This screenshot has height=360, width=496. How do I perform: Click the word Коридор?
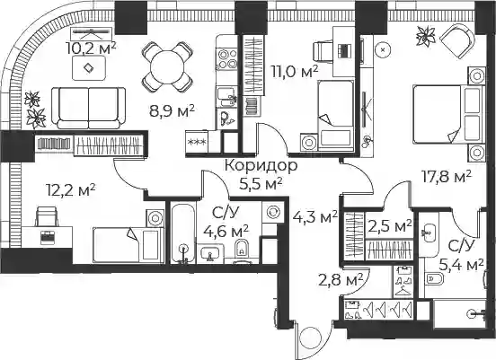pos(261,165)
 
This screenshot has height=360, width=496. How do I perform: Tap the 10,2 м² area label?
pos(91,48)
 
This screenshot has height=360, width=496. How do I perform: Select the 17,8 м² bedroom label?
pos(447,177)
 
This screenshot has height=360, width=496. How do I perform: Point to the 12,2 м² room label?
pos(71,190)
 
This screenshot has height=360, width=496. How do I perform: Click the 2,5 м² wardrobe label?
pos(390,226)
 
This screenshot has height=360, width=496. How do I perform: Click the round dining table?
pos(167,67)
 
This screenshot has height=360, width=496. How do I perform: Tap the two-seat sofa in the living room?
pos(89,108)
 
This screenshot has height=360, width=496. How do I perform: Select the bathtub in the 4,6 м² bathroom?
pos(183,233)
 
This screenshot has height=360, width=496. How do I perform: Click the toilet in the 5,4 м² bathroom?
pos(431,279)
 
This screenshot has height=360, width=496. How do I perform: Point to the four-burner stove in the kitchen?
pos(226,59)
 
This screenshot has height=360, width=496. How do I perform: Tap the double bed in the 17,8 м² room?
pos(447,115)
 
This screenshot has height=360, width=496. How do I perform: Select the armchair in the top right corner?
pos(457,36)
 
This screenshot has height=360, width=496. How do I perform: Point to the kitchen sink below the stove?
pos(226,97)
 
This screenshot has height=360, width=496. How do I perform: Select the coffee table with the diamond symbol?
pos(89,68)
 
